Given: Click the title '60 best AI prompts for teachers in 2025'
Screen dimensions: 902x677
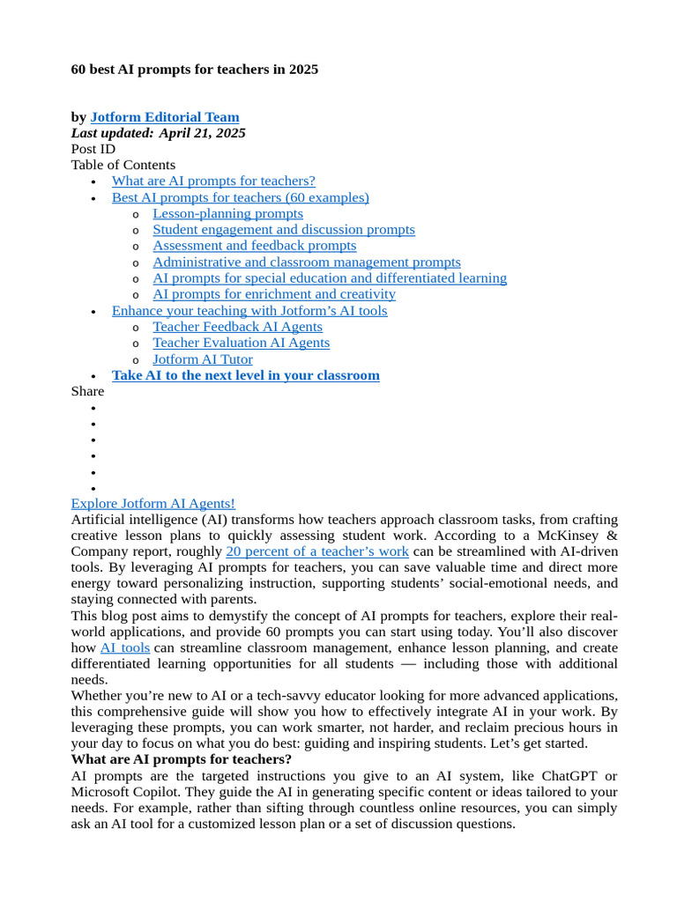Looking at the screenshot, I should pos(194,69).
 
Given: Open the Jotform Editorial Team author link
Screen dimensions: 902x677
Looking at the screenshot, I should pos(164,117).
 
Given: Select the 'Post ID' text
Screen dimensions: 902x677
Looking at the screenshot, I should pos(93,149).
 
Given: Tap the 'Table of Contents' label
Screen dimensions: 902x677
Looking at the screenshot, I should pos(123,165).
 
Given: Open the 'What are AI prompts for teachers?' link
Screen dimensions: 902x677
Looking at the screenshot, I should pos(213,181).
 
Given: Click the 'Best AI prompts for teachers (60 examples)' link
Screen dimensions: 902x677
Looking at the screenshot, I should pos(240,197).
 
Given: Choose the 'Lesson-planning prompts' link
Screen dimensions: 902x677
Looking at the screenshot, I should pos(227,213).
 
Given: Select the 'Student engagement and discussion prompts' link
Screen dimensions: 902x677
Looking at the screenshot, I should pos(283,229).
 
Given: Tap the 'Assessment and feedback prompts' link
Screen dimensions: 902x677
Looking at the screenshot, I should pos(254,245).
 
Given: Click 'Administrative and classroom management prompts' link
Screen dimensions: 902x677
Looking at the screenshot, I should pos(306,262).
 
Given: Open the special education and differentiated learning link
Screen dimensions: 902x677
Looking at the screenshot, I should pos(329,277).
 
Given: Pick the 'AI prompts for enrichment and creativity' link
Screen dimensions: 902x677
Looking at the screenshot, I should pos(273,293).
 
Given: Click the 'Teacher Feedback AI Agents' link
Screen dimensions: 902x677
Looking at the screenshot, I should pos(237,326).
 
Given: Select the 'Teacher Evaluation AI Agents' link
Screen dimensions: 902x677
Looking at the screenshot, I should pos(241,343).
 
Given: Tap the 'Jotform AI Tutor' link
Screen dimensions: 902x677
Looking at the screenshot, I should pos(202,359).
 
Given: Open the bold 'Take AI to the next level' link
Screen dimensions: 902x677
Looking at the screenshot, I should pos(245,375).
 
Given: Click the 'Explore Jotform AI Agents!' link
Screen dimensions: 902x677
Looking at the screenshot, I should pos(153,503).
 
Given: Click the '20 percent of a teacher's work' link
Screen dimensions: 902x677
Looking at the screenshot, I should pos(316,551).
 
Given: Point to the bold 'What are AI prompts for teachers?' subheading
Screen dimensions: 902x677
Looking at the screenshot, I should pos(181,759).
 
